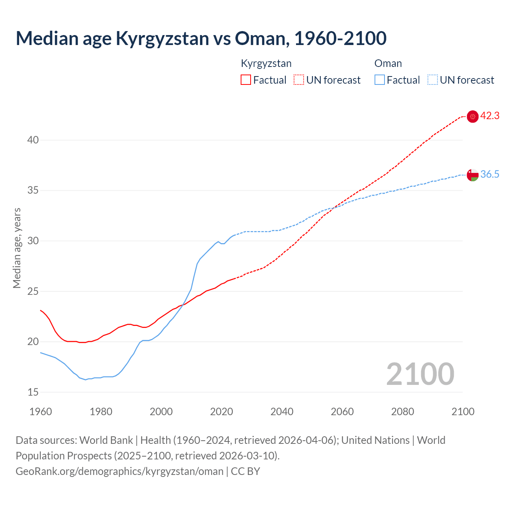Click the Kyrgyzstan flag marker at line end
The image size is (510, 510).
[473, 116]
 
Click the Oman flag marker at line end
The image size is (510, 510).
[473, 175]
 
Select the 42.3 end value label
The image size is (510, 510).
[490, 116]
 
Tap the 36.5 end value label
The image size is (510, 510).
[490, 175]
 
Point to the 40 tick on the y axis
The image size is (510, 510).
[33, 140]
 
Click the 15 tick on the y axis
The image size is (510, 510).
[33, 392]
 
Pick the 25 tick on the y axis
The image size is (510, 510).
[33, 292]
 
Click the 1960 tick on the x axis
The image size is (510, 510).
[41, 412]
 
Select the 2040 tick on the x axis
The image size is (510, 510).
[282, 412]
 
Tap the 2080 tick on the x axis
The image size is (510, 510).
[402, 412]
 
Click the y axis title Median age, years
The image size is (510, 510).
[17, 248]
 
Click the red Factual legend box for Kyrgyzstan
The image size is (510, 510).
[246, 80]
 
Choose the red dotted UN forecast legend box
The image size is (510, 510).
[299, 80]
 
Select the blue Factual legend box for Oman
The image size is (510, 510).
[379, 80]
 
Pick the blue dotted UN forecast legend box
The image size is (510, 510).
[432, 80]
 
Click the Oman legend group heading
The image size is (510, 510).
[388, 64]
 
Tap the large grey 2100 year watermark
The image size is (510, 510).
[420, 374]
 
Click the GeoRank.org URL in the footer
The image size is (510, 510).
[120, 471]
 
